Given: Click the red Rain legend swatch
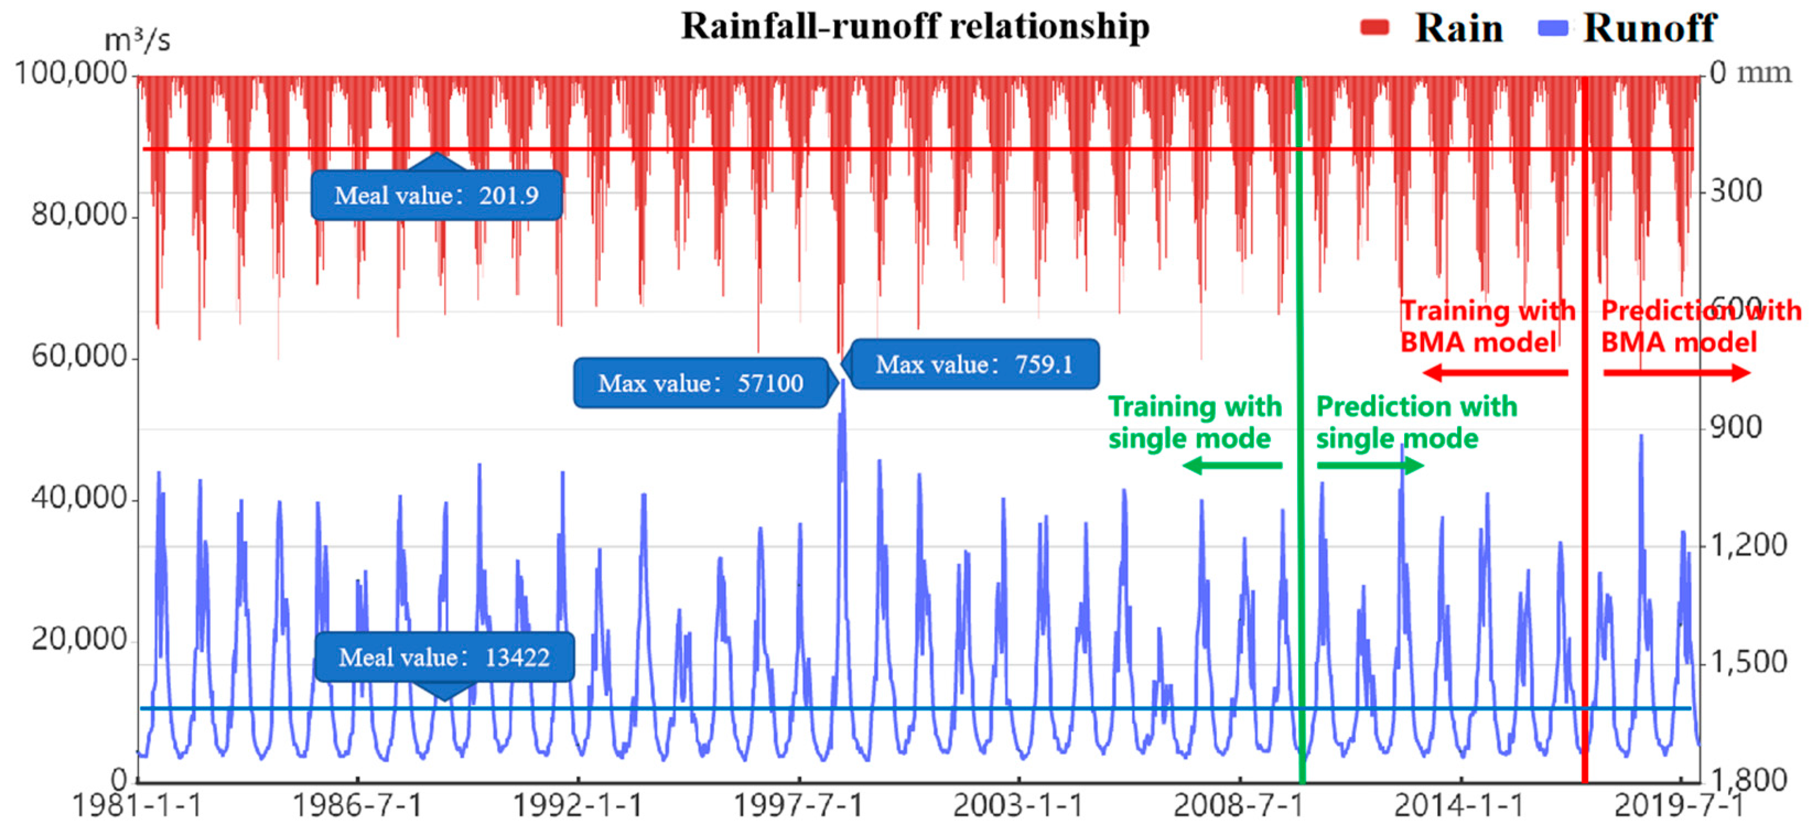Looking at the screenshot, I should click(x=1374, y=28).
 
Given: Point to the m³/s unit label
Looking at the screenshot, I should click(x=137, y=40).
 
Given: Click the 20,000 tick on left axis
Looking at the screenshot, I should click(x=79, y=639).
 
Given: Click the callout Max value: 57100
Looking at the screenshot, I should click(x=700, y=383).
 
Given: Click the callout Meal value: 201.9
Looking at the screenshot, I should click(x=436, y=196).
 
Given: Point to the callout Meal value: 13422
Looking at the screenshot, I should click(x=444, y=657).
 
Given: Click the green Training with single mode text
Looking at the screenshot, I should click(x=1194, y=423).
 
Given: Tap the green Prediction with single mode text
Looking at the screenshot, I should click(x=1416, y=423).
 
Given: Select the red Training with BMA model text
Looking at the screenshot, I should click(x=1486, y=326).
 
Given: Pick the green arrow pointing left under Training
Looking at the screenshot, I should click(x=1232, y=465).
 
